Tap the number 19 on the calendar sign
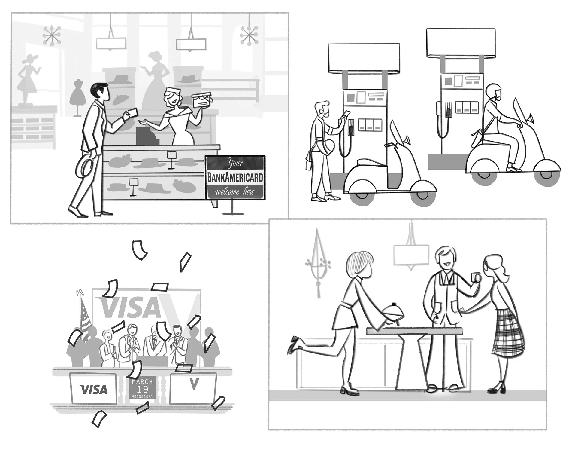[142, 389]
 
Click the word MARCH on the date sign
[142, 382]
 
